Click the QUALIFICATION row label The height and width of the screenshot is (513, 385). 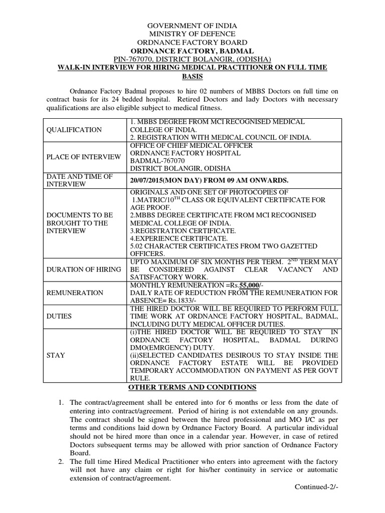click(x=74, y=130)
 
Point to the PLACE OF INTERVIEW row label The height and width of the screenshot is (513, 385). click(x=84, y=157)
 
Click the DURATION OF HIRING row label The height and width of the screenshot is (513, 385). click(x=84, y=270)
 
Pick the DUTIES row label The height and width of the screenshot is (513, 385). click(x=59, y=317)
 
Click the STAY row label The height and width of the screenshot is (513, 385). click(x=56, y=355)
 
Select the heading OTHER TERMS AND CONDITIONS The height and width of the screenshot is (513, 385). click(x=192, y=388)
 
